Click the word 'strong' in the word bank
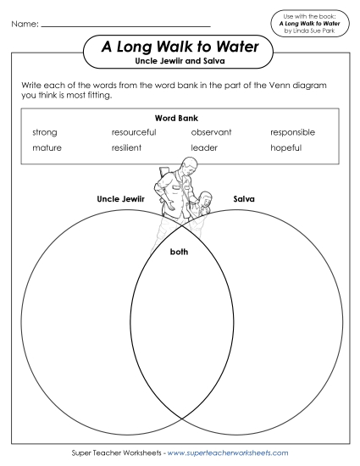44,132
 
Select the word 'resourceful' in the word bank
133,132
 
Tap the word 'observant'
211,132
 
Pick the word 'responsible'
292,132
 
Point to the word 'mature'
47,147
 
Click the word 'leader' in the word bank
204,147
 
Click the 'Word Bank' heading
176,118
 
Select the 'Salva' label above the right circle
244,200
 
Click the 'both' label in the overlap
179,252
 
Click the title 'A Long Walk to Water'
180,48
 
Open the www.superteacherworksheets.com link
228,453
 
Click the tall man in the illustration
174,191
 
